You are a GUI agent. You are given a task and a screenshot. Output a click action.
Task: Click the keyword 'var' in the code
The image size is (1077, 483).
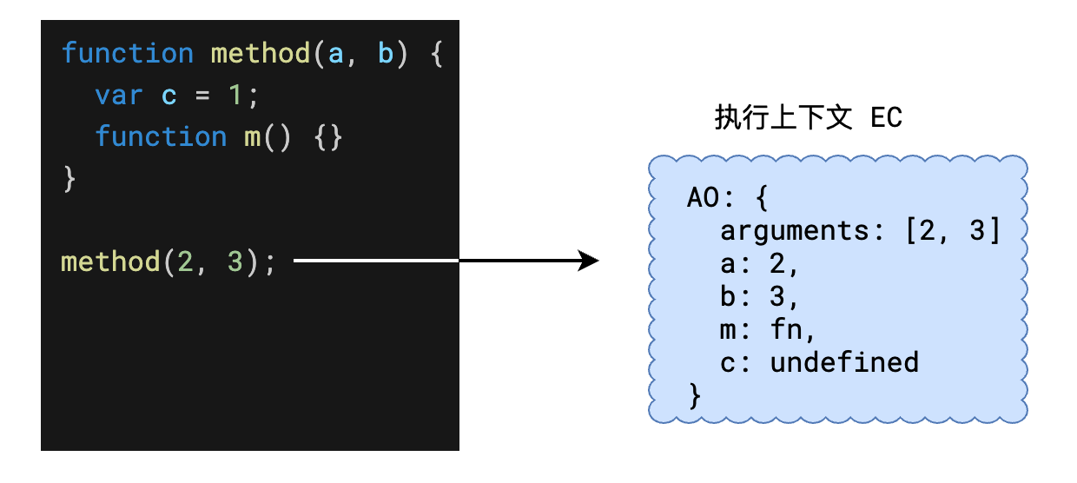(119, 96)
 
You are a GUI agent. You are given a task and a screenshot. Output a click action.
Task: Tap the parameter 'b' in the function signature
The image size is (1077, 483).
(386, 54)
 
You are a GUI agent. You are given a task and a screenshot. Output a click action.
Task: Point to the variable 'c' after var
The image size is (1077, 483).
(169, 96)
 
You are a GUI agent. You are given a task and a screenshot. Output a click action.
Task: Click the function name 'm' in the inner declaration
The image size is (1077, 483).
(252, 137)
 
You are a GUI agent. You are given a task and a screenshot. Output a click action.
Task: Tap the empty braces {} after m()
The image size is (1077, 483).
(327, 137)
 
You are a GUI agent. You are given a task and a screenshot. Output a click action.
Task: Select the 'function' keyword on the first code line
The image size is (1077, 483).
(128, 54)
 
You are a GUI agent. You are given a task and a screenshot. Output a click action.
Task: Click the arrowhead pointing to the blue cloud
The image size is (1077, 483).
(590, 260)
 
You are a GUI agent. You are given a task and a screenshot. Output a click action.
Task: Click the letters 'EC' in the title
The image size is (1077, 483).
(886, 118)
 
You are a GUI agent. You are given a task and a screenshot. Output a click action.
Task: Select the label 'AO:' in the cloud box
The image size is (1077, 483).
(710, 199)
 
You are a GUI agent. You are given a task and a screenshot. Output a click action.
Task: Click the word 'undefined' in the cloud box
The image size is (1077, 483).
(843, 362)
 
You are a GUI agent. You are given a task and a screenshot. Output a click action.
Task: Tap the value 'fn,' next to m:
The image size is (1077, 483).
(793, 330)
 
